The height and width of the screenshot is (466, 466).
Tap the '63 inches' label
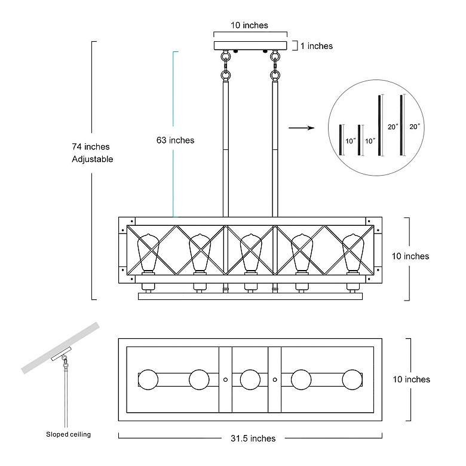click(x=176, y=140)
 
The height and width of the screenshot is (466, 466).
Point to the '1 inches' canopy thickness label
click(x=317, y=46)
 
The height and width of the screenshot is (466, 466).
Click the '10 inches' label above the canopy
click(x=249, y=26)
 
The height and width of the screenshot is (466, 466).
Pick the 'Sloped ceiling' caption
click(x=69, y=434)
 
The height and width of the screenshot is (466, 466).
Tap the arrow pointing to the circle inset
click(x=301, y=128)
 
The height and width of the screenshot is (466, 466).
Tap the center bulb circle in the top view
click(x=250, y=379)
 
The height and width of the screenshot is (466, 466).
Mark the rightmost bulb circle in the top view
click(x=352, y=379)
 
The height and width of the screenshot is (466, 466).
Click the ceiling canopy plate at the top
click(x=250, y=45)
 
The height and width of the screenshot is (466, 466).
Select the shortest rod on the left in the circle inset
click(x=341, y=140)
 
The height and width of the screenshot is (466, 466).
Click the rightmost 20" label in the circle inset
click(x=415, y=127)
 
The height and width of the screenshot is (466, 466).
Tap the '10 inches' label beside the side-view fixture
click(x=410, y=256)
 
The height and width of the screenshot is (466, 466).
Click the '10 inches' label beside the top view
click(x=411, y=379)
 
